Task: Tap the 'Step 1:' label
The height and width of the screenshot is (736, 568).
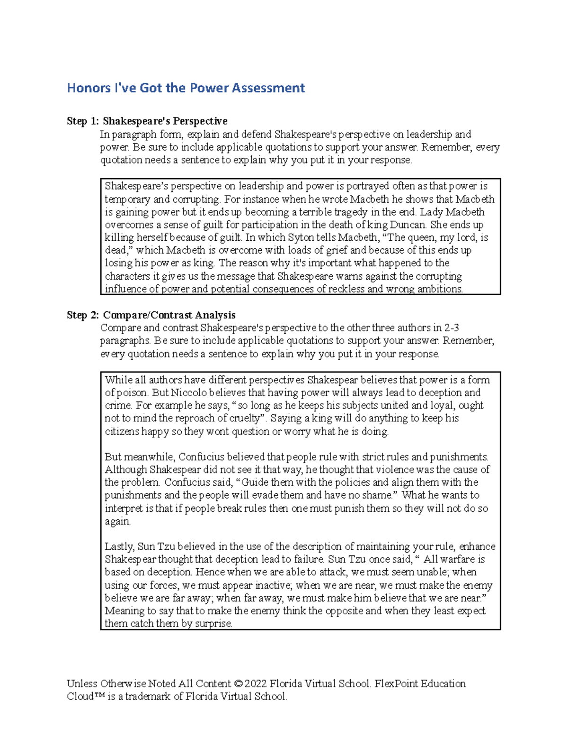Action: (x=83, y=121)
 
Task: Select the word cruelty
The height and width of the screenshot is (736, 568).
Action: (x=243, y=418)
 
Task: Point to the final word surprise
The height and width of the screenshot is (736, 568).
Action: (x=213, y=624)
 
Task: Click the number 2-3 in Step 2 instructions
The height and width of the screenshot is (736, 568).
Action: (x=452, y=328)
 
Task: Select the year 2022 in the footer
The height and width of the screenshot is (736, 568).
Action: (x=256, y=684)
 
